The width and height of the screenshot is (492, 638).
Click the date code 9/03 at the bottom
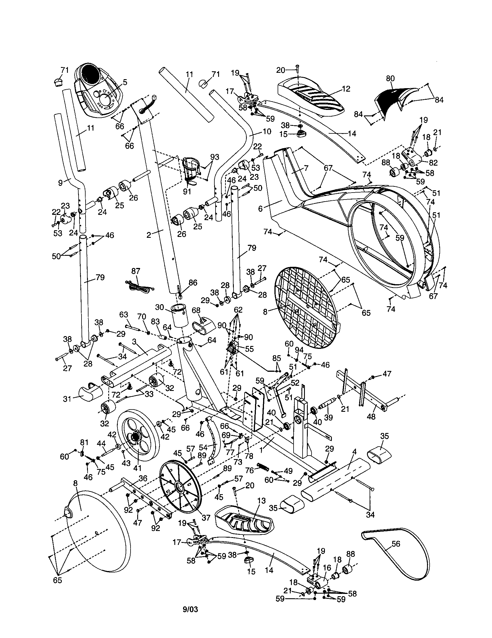pos(190,610)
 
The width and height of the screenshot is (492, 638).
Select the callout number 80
pos(390,78)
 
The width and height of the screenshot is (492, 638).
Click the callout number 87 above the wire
pos(136,271)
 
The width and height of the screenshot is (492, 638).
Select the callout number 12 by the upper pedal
pos(346,89)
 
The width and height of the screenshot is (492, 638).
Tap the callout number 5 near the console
pos(125,82)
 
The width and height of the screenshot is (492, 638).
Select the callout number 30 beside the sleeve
pos(160,307)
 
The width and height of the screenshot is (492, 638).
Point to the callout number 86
pos(193,282)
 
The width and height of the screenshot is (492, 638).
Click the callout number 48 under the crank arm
pos(371,416)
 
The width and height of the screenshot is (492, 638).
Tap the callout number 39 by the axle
pos(328,417)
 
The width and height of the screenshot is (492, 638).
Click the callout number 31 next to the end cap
pos(67,398)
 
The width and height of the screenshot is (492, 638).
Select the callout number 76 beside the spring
pos(249,470)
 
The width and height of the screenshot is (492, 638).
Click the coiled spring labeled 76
pos(263,467)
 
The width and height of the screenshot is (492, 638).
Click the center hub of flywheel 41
pos(136,437)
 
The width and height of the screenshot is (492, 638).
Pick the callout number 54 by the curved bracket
pos(203,447)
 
